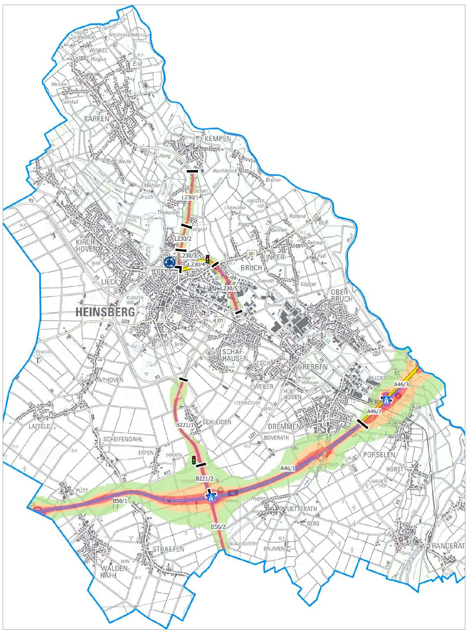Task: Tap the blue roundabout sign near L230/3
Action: coord(170,262)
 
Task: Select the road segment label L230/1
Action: coord(190,197)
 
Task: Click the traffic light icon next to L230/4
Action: coord(208,259)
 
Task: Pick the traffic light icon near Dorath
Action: coord(194,460)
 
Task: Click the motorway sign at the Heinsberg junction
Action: coord(211,497)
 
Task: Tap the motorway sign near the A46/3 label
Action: coord(386,400)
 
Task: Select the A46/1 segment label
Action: coord(288,468)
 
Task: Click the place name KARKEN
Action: coord(97,119)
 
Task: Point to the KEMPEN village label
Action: coord(218,139)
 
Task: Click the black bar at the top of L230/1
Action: coord(192,171)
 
